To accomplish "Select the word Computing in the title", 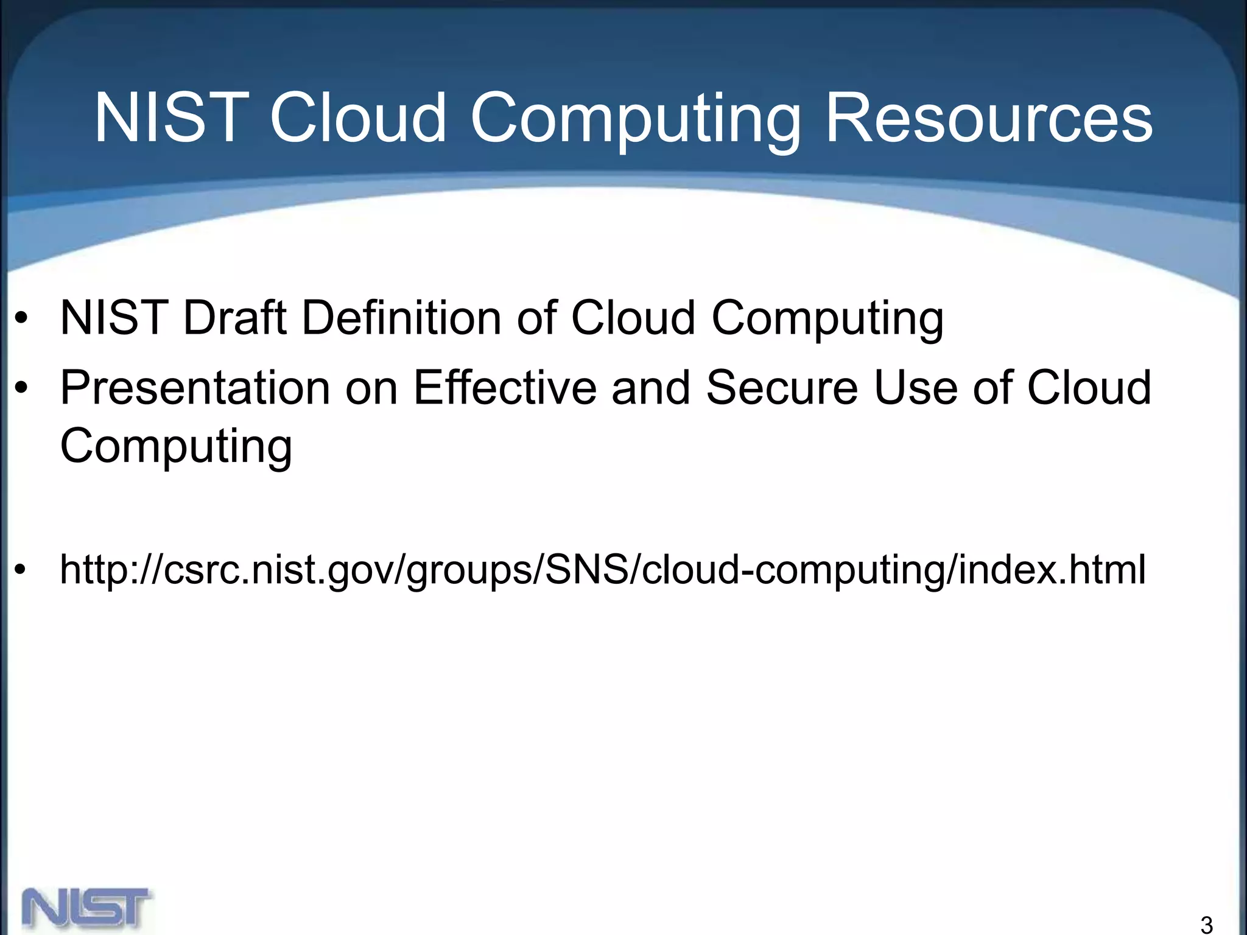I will point(634,119).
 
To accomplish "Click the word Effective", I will point(504,388).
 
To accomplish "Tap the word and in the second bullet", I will point(651,388).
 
